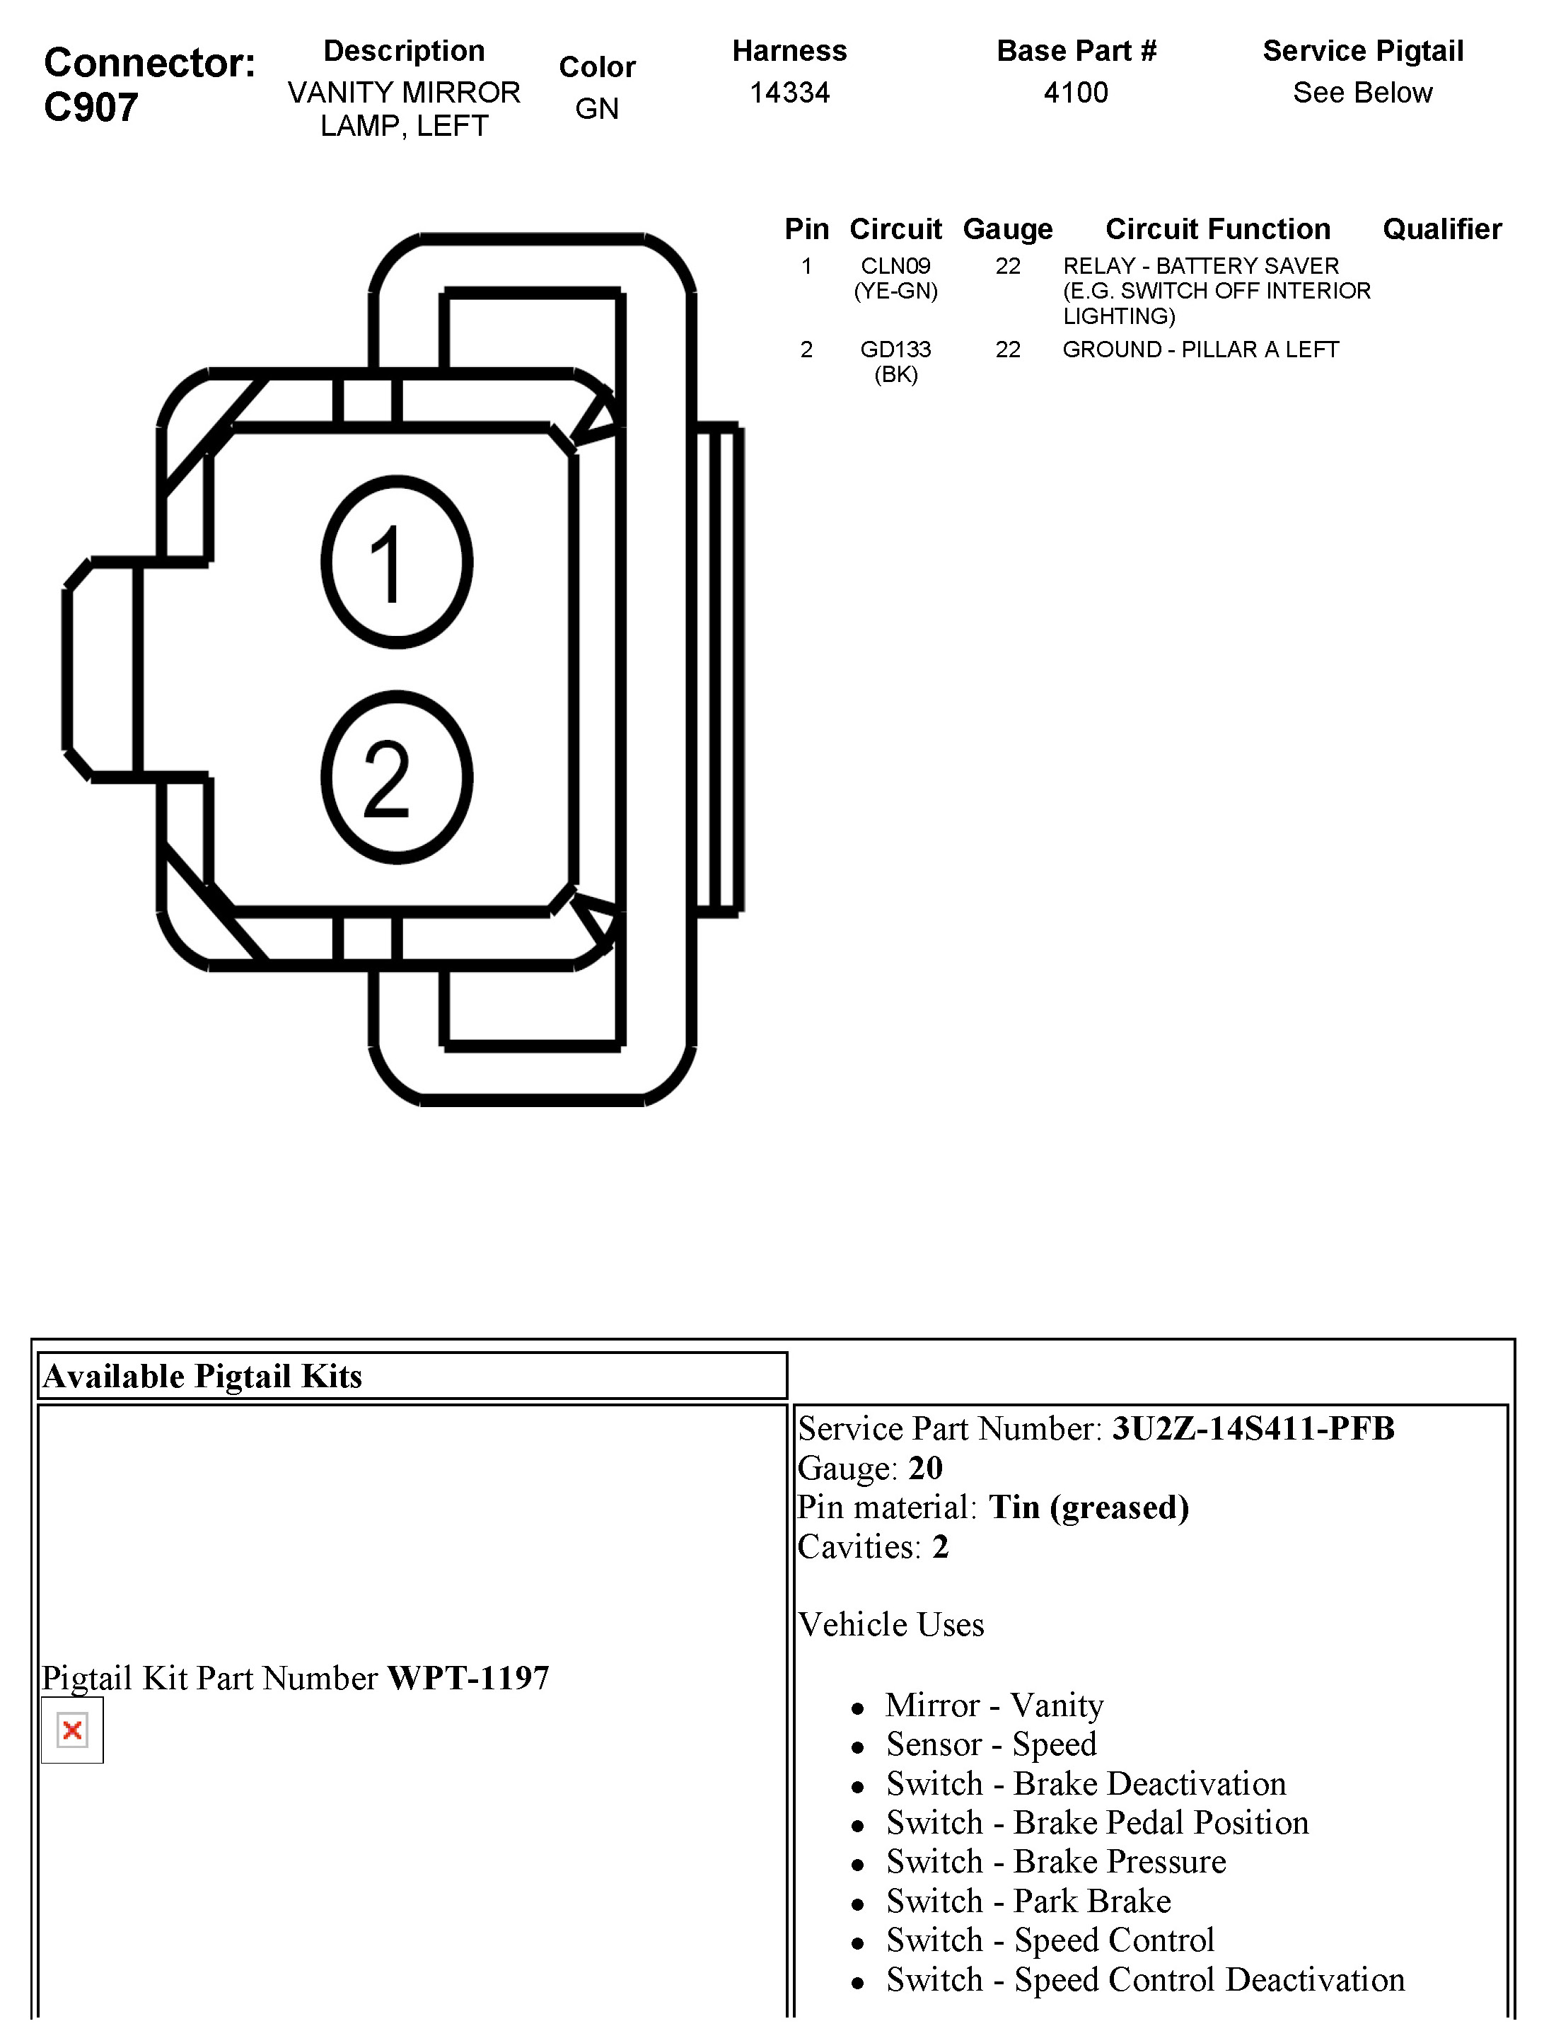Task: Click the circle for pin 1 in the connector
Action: click(397, 562)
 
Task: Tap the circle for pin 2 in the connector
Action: click(397, 777)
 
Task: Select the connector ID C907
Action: click(91, 108)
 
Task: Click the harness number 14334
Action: click(789, 93)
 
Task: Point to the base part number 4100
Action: click(1076, 93)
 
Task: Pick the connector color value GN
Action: click(596, 109)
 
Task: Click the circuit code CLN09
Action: click(895, 266)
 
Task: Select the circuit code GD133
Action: click(895, 349)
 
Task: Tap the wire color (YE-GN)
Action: click(895, 291)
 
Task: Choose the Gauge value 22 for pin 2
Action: click(1007, 349)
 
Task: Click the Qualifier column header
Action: click(1441, 229)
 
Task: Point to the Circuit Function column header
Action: click(1218, 229)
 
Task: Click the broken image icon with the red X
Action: click(72, 1730)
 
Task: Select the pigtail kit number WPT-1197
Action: click(468, 1677)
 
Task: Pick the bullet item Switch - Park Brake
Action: click(1028, 1901)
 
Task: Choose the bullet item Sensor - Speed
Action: click(991, 1744)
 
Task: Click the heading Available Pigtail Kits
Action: click(203, 1376)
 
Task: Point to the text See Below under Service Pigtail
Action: click(1362, 93)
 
